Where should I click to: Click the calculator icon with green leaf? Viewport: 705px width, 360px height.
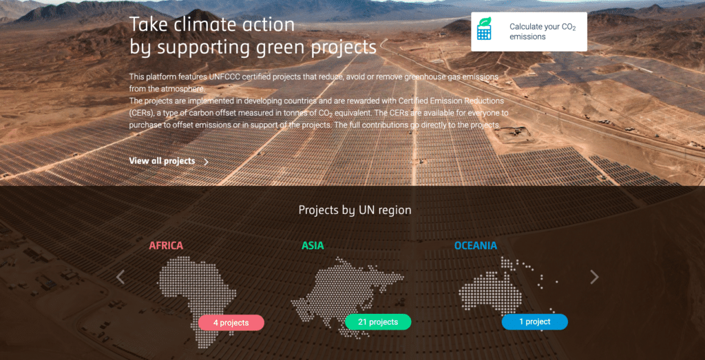coord(484,29)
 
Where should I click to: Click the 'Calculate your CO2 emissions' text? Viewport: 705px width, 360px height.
coord(543,32)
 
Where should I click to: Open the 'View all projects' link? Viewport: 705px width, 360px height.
coord(162,161)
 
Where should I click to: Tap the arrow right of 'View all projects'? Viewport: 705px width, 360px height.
coord(207,162)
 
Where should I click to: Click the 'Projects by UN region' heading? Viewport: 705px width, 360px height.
coord(355,210)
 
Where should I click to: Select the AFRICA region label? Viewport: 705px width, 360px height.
coord(166,246)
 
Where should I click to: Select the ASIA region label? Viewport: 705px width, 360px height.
coord(313,246)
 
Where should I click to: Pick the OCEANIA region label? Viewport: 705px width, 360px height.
coord(476,246)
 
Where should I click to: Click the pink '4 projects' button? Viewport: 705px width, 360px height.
coord(231,323)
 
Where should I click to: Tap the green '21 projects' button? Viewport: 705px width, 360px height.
coord(378,322)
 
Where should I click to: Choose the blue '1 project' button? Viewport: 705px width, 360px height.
coord(534,322)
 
